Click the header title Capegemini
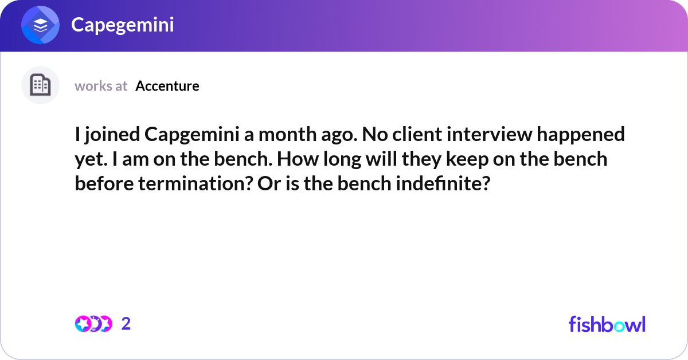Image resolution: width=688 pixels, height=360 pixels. [122, 25]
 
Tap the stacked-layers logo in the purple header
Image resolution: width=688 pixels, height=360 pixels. [41, 25]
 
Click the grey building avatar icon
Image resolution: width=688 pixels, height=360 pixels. [40, 85]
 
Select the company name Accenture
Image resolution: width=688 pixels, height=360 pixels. [167, 86]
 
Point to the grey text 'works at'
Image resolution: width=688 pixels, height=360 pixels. [101, 86]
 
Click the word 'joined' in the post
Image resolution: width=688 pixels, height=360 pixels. [111, 135]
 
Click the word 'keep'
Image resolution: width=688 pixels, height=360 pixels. [468, 159]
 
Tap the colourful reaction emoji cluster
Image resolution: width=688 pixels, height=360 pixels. [93, 324]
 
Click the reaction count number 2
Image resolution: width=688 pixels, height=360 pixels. [126, 324]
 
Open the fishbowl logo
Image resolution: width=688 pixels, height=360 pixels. [607, 324]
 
